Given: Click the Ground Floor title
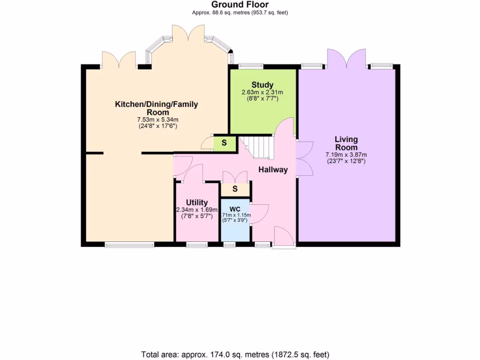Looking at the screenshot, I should coord(240,5).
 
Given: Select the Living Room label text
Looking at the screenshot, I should coord(346,143).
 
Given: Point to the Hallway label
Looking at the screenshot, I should coord(273,170).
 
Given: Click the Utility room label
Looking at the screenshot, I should coord(196,202).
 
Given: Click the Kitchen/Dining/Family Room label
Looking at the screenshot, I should coord(157,108).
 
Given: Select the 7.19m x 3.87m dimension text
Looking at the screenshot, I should coord(346,155).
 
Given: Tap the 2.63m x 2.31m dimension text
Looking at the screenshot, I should coord(262,92).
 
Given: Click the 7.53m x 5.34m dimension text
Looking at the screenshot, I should coord(157,120).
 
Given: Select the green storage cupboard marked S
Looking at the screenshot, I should coord(224,143).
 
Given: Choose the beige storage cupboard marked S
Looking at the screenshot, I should coord(235,189).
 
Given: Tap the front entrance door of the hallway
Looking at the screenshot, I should coord(284,237).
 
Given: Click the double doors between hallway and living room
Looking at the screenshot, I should coord(304,158).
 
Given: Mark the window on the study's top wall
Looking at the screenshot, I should coord(250,67).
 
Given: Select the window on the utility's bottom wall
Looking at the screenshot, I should coord(197,244).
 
